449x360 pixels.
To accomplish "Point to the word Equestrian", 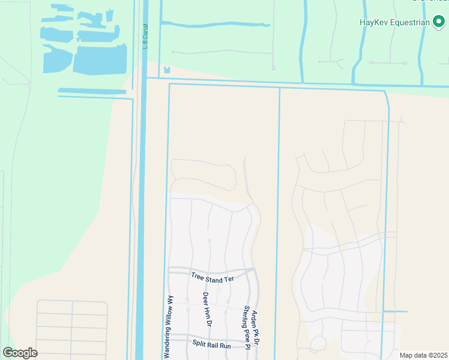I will (411, 23).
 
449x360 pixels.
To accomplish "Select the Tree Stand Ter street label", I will (212, 278).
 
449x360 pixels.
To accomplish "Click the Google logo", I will (20, 352).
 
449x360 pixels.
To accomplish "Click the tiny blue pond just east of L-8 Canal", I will (167, 70).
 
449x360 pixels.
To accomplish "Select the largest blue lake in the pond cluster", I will (100, 59).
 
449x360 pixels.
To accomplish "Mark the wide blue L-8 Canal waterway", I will (140, 210).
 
